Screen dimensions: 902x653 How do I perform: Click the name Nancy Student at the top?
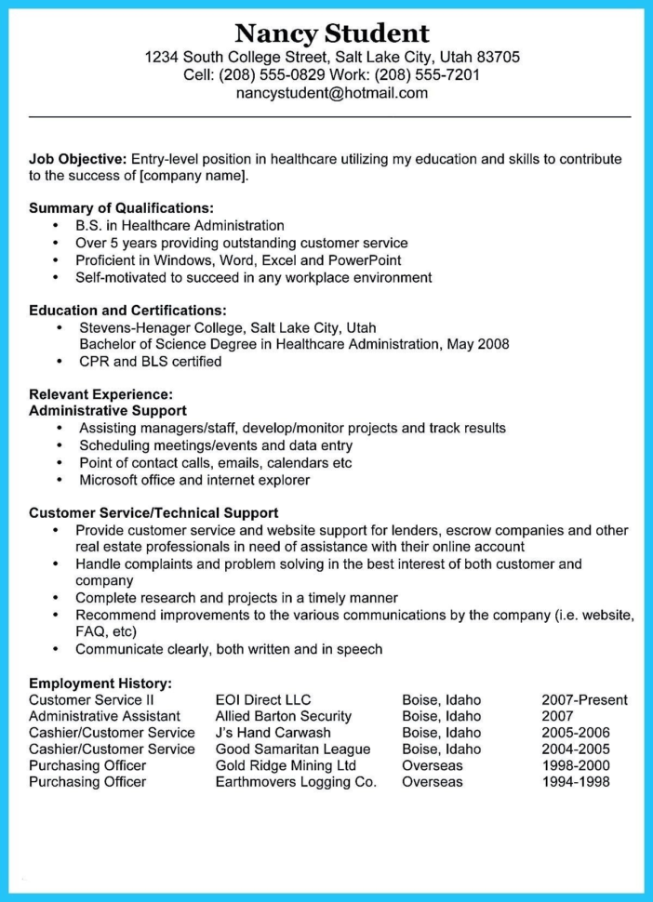[x=332, y=33]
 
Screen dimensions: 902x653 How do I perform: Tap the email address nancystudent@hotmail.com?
[x=332, y=93]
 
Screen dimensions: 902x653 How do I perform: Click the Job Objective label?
[x=77, y=159]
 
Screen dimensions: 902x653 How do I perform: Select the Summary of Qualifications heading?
[x=121, y=208]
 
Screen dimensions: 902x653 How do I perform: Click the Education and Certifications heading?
[x=127, y=310]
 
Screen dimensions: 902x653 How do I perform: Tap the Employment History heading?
[x=100, y=683]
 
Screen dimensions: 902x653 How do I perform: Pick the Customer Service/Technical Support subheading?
[x=153, y=512]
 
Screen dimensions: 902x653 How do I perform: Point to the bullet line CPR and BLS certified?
[x=150, y=361]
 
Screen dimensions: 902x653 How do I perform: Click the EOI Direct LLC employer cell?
[x=263, y=699]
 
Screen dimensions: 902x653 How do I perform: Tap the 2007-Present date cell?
[x=584, y=699]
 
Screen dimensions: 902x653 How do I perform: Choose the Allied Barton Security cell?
[x=283, y=716]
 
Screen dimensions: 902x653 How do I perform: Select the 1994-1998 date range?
[x=575, y=782]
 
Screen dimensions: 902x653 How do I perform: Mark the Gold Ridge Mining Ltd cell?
[x=286, y=765]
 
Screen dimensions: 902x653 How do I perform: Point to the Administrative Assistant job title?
[x=104, y=716]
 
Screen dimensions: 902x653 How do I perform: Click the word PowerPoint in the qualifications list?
[x=366, y=259]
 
